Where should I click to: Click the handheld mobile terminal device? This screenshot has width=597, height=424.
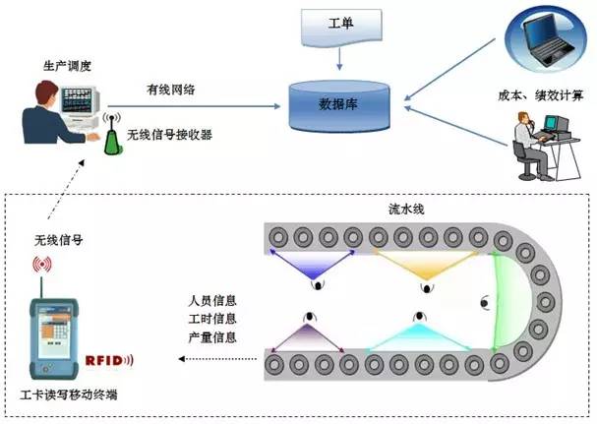53,330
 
